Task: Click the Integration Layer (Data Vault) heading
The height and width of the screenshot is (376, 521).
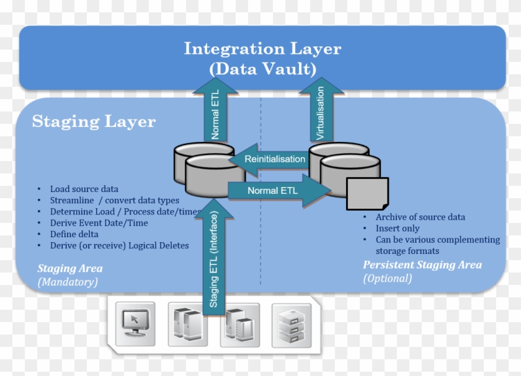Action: (x=262, y=58)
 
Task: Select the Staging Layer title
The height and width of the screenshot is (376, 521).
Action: (x=94, y=121)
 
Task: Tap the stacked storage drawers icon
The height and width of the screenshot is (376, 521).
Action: (x=291, y=324)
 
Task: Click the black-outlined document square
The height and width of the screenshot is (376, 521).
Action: (x=367, y=194)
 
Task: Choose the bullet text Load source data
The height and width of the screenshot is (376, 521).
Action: (x=84, y=189)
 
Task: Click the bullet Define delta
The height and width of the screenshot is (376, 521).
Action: (x=74, y=234)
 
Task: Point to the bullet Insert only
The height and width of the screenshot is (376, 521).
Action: (x=397, y=229)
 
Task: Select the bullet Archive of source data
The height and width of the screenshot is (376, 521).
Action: (x=420, y=217)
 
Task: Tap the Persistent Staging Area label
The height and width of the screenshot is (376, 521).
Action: (x=422, y=265)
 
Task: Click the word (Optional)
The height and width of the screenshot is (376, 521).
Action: (x=387, y=278)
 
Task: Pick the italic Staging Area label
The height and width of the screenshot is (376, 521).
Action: (x=69, y=269)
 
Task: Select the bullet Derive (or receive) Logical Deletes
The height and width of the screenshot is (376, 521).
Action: (x=119, y=245)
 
